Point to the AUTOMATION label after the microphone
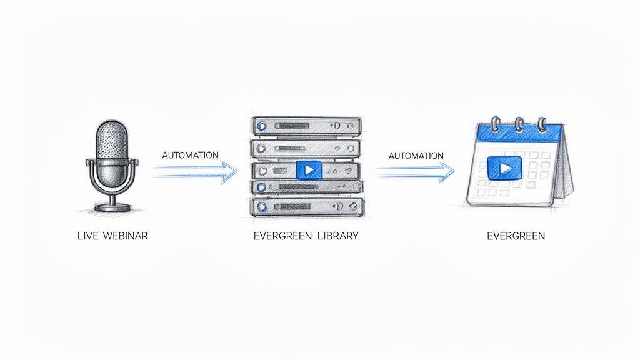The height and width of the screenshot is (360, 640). click(x=190, y=155)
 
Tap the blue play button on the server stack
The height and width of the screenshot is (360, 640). click(x=307, y=170)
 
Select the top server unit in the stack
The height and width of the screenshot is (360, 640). click(x=306, y=125)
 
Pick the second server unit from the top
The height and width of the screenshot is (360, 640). click(x=306, y=147)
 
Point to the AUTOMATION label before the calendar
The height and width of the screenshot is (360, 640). click(x=416, y=156)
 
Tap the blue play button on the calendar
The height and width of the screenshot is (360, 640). click(x=504, y=167)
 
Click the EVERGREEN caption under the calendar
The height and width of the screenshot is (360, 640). click(x=516, y=237)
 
